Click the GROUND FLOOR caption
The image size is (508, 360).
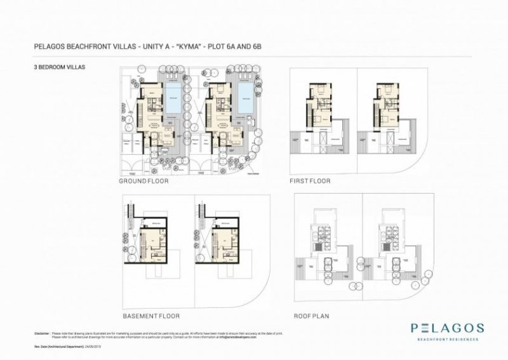point(142,181)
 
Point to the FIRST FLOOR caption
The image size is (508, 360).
point(310,181)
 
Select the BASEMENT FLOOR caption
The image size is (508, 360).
point(151,316)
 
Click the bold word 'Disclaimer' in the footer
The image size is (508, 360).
point(41,333)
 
